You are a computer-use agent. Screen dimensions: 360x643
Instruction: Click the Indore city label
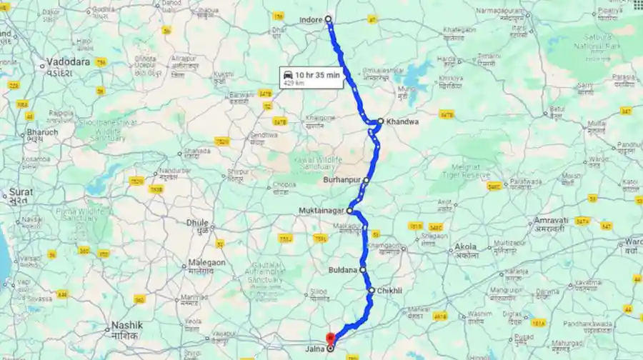tap(311, 20)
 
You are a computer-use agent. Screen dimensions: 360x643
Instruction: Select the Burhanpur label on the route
tap(343, 180)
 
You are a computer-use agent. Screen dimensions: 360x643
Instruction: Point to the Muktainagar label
tap(322, 211)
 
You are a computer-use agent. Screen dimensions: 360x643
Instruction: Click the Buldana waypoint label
tap(343, 270)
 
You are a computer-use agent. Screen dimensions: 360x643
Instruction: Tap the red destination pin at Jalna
tap(330, 339)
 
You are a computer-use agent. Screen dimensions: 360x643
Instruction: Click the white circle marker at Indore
tap(329, 19)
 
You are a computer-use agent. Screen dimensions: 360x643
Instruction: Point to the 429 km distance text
tap(294, 83)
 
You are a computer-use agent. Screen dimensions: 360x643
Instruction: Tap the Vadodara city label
tap(69, 62)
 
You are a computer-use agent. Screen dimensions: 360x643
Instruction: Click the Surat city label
tap(16, 193)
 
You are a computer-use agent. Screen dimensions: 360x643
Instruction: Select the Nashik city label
tap(126, 325)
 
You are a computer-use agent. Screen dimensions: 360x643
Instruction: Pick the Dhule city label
tap(197, 223)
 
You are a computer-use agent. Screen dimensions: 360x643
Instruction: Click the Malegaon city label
tap(206, 263)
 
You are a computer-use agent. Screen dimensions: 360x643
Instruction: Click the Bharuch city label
tap(42, 133)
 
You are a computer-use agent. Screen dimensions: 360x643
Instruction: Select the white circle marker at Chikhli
tap(372, 291)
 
